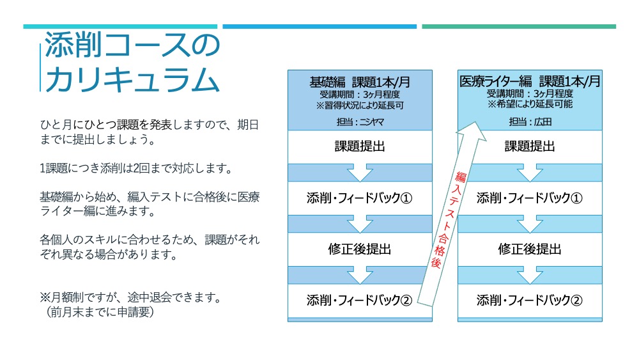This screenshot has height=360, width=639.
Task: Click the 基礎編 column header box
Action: coord(360,100)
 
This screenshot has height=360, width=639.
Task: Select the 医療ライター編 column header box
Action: coord(530,100)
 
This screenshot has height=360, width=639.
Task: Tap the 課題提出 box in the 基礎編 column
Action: coord(360,147)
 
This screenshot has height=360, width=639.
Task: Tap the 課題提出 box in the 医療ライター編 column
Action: coord(530,147)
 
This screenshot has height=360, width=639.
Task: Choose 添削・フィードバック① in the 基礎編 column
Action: coord(360,198)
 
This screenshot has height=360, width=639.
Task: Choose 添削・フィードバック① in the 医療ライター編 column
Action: coord(530,198)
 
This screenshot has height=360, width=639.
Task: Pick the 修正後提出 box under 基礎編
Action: coord(360,249)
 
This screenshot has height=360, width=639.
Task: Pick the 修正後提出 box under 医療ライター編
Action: coord(530,249)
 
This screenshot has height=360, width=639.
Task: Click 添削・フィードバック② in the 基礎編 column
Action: coord(360,301)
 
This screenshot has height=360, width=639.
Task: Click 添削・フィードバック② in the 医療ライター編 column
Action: coord(530,301)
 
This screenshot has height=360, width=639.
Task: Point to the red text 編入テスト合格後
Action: coord(449,219)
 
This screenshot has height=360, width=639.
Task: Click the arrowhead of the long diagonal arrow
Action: coord(473,131)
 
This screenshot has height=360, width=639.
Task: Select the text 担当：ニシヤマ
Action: coord(360,121)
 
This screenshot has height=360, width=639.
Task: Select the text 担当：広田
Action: coord(530,121)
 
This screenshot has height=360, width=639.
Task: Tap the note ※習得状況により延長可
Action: coord(360,106)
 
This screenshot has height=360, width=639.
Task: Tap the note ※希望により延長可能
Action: coord(530,104)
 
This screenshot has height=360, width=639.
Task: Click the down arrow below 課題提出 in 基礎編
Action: coord(360,173)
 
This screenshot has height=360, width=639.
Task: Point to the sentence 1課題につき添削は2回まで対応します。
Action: coord(136,168)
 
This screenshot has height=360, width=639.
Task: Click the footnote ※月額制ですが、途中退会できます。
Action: coord(130,297)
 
